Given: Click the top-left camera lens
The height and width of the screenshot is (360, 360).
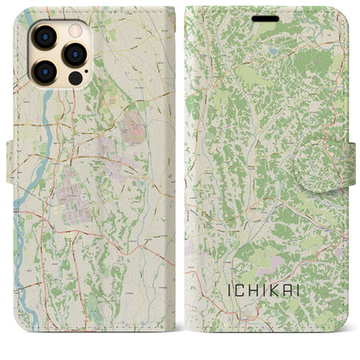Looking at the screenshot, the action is coord(42,37).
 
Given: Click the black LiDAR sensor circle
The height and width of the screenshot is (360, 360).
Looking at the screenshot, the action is coord(74,77).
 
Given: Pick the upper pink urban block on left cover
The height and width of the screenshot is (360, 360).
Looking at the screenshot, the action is coord(133,130).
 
